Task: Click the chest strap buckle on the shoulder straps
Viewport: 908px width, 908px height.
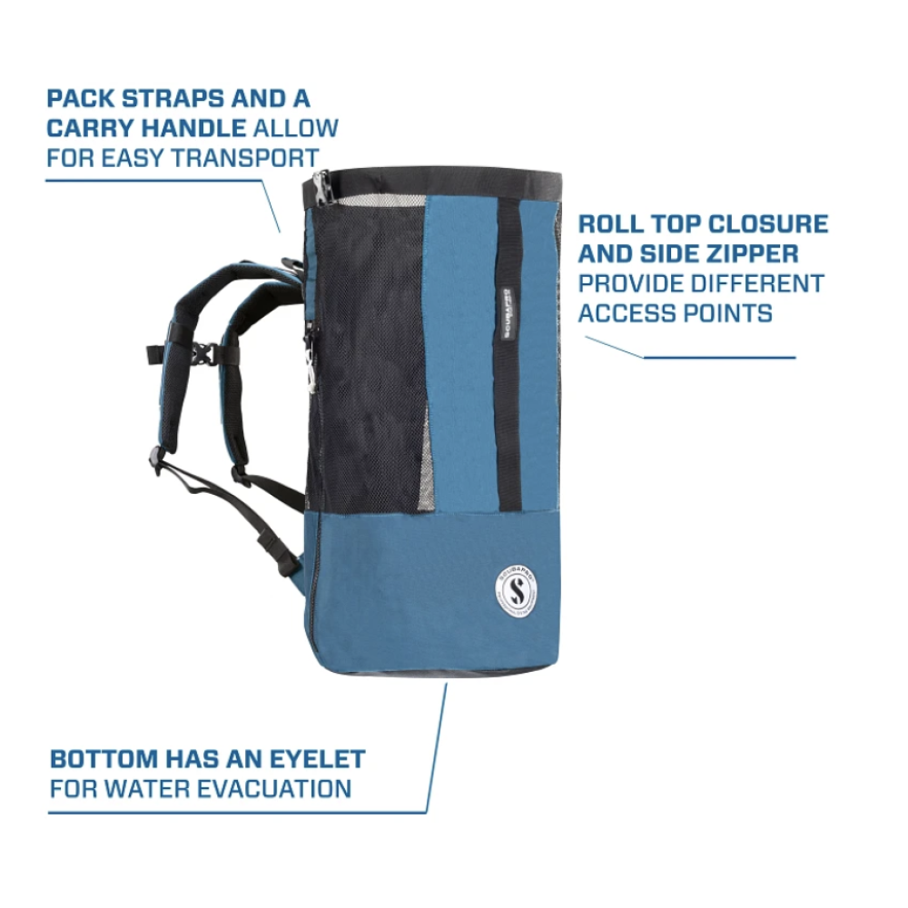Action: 205,353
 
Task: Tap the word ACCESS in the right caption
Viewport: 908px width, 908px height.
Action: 627,313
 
